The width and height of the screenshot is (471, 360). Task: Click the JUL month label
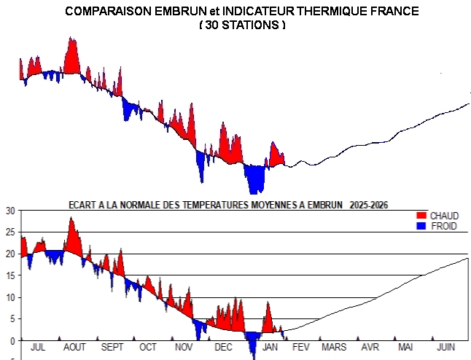click(x=38, y=348)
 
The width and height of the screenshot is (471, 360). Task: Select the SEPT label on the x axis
click(x=113, y=348)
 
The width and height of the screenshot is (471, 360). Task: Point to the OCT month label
click(x=148, y=348)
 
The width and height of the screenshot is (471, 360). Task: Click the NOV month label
click(x=185, y=348)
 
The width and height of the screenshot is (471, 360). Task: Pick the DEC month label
click(x=223, y=348)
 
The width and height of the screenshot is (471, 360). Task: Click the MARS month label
click(x=334, y=348)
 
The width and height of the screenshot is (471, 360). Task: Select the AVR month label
click(x=370, y=348)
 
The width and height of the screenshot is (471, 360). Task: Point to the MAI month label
click(x=405, y=348)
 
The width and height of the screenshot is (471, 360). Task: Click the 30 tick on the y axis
click(x=9, y=211)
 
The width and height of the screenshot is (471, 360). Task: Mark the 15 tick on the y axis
click(x=9, y=275)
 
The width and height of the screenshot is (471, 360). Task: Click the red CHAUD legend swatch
click(x=419, y=216)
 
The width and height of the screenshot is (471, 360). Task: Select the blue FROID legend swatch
click(x=419, y=226)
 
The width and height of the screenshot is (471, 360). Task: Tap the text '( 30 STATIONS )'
click(x=242, y=25)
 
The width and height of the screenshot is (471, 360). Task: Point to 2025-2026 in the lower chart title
click(x=369, y=204)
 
